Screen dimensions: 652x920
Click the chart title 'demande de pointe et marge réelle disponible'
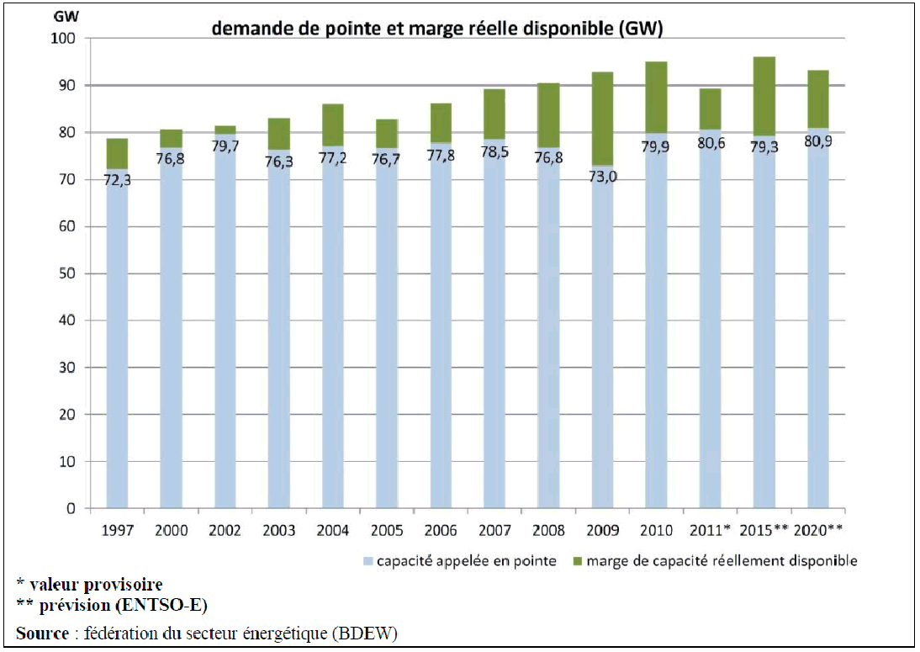click(437, 29)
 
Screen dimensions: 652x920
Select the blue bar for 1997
click(117, 337)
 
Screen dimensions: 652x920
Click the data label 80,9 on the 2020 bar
click(818, 140)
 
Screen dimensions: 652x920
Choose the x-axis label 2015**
click(764, 530)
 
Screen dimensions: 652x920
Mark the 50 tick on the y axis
click(66, 274)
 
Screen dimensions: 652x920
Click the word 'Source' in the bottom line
click(41, 633)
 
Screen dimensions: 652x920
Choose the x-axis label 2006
click(440, 530)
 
